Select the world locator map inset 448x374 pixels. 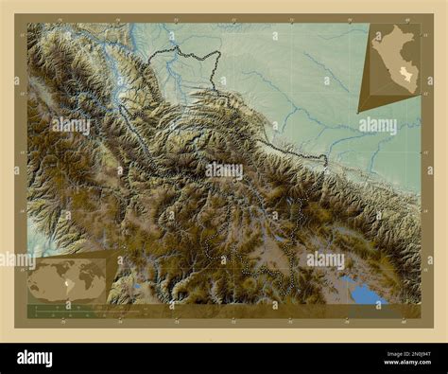(x=68, y=276)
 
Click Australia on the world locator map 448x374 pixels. (x=95, y=290)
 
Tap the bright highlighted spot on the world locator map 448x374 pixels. (x=51, y=286)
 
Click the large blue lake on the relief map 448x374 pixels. (x=365, y=292)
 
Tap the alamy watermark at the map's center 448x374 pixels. (x=224, y=171)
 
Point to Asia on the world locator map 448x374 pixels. (x=87, y=271)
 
